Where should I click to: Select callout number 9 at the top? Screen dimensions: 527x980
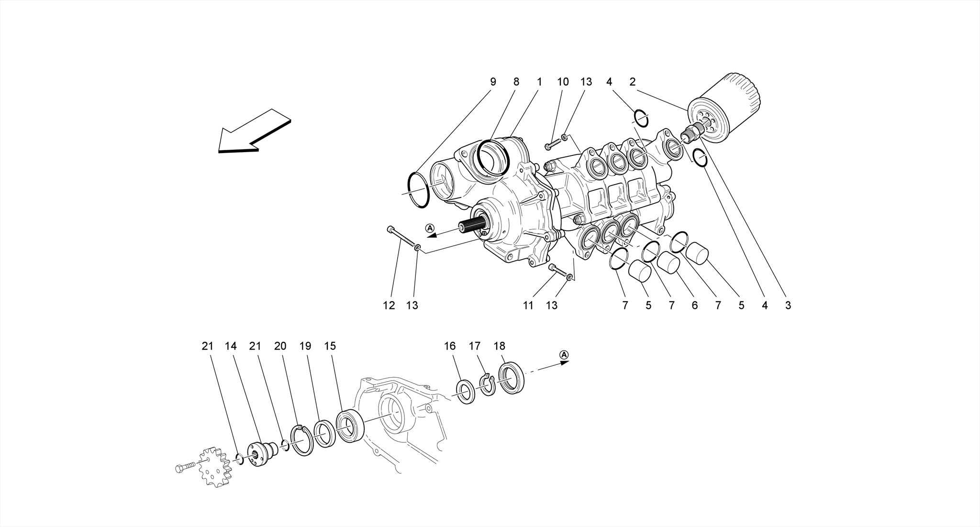[x=493, y=82]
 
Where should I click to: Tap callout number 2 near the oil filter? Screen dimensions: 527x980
[x=633, y=82]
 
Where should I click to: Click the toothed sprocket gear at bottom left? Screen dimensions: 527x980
[x=214, y=467]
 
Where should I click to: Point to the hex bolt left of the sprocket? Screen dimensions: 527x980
[x=185, y=468]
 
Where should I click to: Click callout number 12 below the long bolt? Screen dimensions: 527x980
[x=389, y=305]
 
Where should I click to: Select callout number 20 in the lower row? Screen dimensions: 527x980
[x=280, y=346]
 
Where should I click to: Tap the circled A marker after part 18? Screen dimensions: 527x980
[x=564, y=354]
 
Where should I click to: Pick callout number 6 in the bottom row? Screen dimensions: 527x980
[x=695, y=305]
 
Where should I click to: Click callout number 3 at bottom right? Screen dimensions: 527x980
[x=788, y=305]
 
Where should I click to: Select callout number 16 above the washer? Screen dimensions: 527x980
[x=450, y=346]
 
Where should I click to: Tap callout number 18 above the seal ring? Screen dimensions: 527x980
[x=499, y=346]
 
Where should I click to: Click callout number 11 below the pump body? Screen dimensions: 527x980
[x=528, y=305]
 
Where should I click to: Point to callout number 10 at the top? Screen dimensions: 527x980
[x=563, y=82]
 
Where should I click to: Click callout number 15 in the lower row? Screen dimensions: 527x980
[x=330, y=346]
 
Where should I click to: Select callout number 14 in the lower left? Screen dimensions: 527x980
[x=231, y=346]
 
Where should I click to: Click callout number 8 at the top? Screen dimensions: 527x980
[x=516, y=82]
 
